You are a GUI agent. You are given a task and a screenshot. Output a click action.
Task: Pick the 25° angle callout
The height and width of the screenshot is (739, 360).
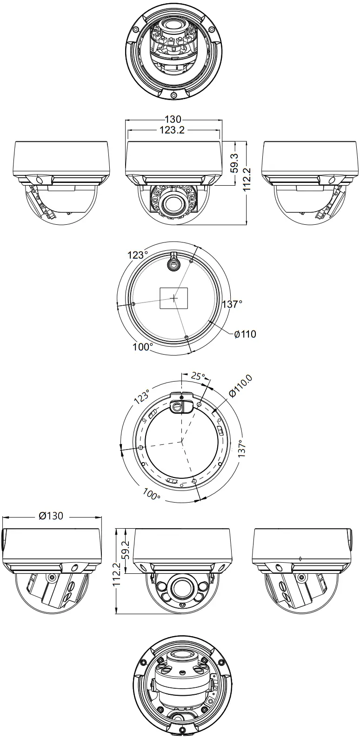click(x=198, y=376)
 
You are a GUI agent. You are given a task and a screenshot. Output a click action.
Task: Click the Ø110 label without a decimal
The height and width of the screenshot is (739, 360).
click(x=245, y=334)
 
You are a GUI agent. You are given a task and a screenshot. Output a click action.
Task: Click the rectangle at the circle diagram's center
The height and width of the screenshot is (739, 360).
click(x=174, y=298)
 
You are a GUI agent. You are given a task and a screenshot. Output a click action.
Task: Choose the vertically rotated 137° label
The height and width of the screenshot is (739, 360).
click(x=242, y=449)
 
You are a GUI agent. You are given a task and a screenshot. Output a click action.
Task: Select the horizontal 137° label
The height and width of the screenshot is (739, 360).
click(x=232, y=304)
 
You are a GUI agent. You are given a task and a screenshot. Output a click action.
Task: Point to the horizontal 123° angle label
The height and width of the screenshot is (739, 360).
click(x=138, y=255)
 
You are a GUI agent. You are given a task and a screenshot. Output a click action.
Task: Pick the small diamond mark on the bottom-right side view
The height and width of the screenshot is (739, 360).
click(x=301, y=558)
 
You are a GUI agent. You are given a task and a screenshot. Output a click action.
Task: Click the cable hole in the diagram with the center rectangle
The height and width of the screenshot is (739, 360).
click(x=173, y=264)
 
